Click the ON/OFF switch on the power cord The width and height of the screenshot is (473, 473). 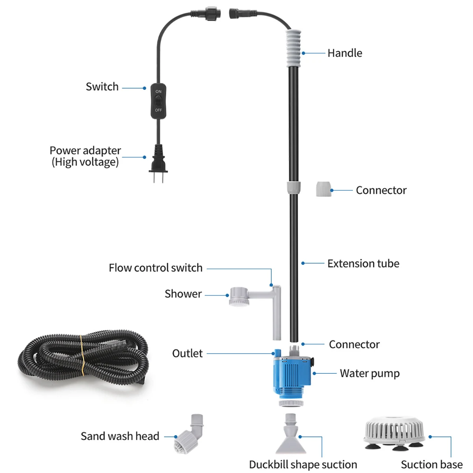[x=158, y=101]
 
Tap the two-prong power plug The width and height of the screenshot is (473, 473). [x=158, y=162]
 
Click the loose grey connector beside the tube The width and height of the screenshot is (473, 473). [x=324, y=189]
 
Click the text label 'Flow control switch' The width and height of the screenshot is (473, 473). [x=155, y=268]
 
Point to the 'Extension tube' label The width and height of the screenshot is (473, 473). [x=363, y=263]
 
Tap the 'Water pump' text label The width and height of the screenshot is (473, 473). [x=369, y=373]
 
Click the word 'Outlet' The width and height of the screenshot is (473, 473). [x=187, y=354]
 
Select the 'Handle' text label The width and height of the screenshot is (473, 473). [x=345, y=53]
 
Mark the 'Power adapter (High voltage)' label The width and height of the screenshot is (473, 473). [x=85, y=156]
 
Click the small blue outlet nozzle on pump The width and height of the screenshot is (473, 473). [x=277, y=352]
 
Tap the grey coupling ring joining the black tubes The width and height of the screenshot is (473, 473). [x=293, y=188]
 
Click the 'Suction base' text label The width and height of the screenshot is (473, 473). [x=432, y=465]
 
